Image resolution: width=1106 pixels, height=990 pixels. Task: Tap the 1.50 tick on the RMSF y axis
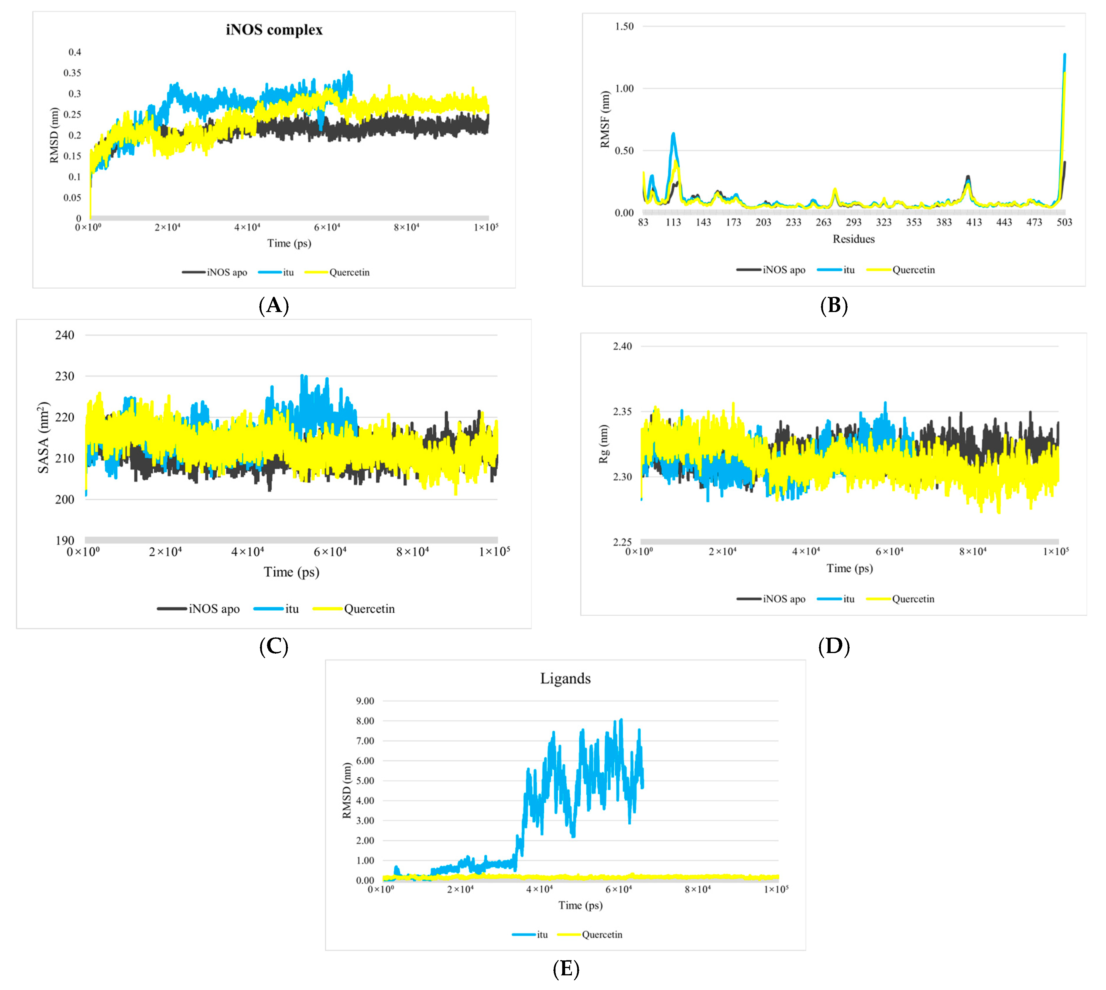point(624,26)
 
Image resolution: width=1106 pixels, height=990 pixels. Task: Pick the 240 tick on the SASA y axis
point(65,335)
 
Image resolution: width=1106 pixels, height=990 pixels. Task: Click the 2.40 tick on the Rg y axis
point(623,346)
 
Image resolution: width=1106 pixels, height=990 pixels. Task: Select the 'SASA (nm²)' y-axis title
point(44,438)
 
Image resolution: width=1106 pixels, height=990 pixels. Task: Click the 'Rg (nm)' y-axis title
point(603,444)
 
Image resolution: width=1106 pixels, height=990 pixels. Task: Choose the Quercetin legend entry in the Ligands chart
point(601,934)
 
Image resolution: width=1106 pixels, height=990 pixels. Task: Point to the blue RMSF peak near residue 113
point(673,134)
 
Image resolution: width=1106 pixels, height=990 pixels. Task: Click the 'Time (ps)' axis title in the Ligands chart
point(580,905)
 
